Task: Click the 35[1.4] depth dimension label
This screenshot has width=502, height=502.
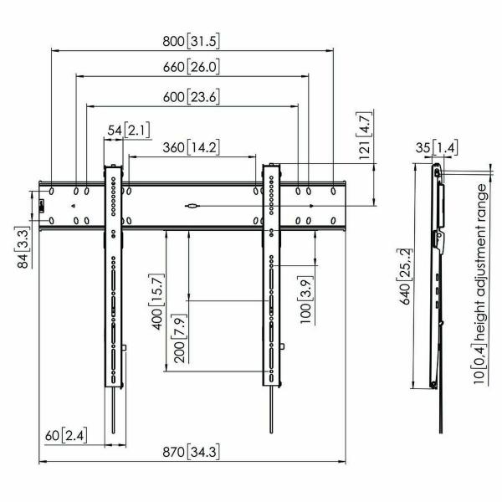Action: [x=434, y=148]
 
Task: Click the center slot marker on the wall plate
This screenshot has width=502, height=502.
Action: [x=192, y=204]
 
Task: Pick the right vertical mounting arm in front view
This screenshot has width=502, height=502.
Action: [x=271, y=276]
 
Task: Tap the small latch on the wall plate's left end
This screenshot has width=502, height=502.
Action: [x=42, y=205]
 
